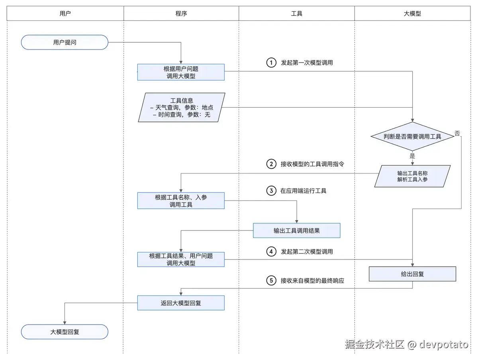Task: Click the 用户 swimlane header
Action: coord(65,14)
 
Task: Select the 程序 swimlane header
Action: coord(181,14)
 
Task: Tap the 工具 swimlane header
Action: coord(297,14)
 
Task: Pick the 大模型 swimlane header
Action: coord(412,14)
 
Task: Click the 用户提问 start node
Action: coord(65,42)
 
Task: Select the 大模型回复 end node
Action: coord(65,331)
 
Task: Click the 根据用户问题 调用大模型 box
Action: coord(181,72)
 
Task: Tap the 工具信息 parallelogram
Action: coord(182,107)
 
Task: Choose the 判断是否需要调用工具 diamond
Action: coord(412,136)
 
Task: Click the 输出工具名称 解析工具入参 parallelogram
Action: coord(412,176)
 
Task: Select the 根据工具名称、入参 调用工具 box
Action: coord(181,201)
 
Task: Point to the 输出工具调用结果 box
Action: coord(296,230)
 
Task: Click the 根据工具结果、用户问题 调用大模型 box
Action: coord(181,260)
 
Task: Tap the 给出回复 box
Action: coord(412,274)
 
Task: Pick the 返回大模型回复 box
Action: coord(181,303)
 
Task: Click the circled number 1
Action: coord(271,63)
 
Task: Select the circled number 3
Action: coord(271,191)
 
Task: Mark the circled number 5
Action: coord(271,281)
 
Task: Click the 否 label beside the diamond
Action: coord(457,133)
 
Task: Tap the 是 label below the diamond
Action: coord(412,156)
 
